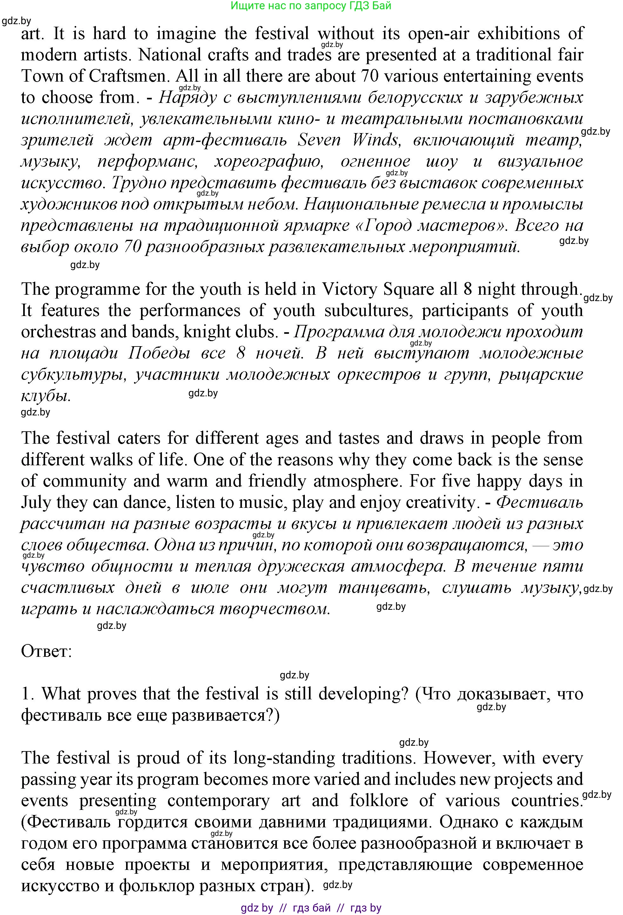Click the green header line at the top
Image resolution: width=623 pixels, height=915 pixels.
pyautogui.click(x=311, y=6)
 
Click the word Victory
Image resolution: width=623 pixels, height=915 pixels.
pyautogui.click(x=349, y=289)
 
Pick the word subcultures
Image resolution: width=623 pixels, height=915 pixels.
pyautogui.click(x=368, y=311)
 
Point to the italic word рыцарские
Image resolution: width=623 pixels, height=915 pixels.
pyautogui.click(x=541, y=374)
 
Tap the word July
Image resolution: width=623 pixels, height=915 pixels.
pyautogui.click(x=36, y=502)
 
